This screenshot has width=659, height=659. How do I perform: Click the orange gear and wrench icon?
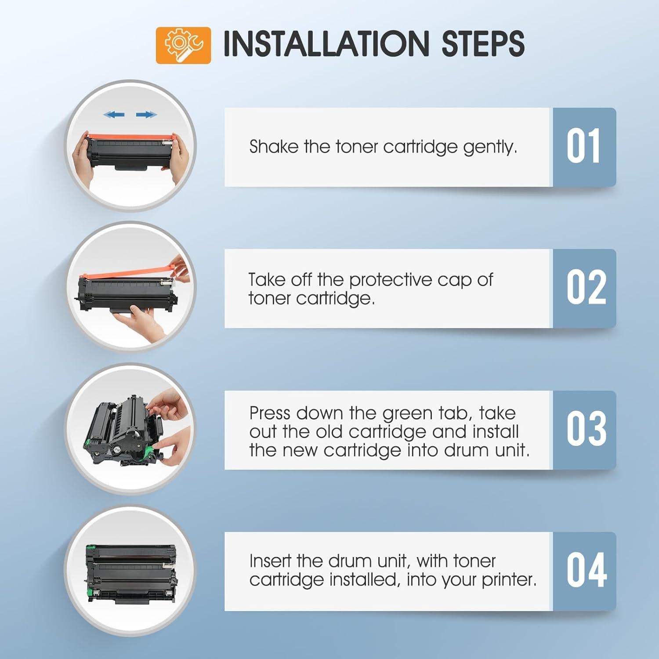coord(183,45)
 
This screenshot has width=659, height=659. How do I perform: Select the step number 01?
coord(583,147)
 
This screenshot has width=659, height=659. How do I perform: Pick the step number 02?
coord(586,288)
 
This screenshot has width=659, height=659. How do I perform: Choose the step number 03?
coord(586,429)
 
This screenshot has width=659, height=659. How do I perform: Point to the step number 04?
coord(586,571)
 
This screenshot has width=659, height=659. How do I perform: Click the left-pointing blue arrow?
coord(114,115)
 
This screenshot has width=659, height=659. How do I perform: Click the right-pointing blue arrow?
coord(146,115)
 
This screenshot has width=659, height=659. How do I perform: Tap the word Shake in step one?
coord(274,147)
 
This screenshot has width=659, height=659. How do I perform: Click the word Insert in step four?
coord(270,561)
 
